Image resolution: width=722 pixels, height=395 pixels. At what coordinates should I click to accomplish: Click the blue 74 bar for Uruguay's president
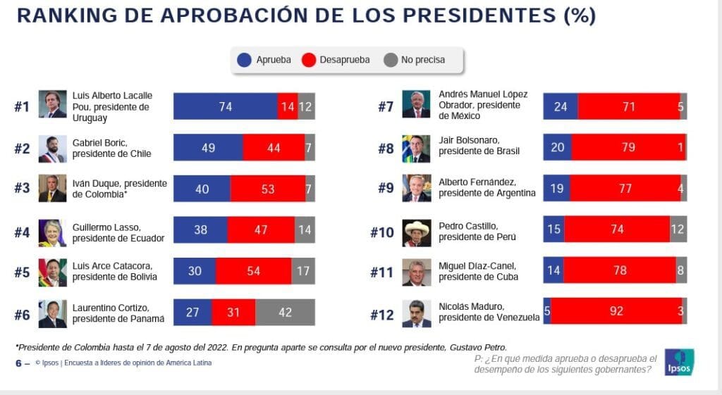(225, 106)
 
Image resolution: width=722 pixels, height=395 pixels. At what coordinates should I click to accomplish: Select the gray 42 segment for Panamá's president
(285, 313)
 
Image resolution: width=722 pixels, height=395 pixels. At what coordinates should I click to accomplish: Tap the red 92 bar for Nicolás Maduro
(616, 313)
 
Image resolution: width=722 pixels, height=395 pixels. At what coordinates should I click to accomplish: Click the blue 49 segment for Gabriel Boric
(208, 148)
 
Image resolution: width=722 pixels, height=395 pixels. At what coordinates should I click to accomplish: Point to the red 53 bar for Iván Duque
(267, 189)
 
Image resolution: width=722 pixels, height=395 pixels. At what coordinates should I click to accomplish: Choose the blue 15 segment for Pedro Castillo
(553, 230)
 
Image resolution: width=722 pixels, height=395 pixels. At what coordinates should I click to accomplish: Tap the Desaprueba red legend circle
(308, 61)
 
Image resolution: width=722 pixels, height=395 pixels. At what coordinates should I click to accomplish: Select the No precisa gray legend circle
(390, 61)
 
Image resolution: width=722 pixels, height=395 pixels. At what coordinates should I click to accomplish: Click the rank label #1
(22, 107)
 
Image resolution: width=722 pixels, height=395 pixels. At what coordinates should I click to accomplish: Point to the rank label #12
(383, 315)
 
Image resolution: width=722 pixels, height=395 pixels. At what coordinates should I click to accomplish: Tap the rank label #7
(386, 107)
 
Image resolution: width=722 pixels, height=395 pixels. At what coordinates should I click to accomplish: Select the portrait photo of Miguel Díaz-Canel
(416, 272)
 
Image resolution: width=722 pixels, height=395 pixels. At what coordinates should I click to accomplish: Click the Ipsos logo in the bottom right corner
(679, 362)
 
